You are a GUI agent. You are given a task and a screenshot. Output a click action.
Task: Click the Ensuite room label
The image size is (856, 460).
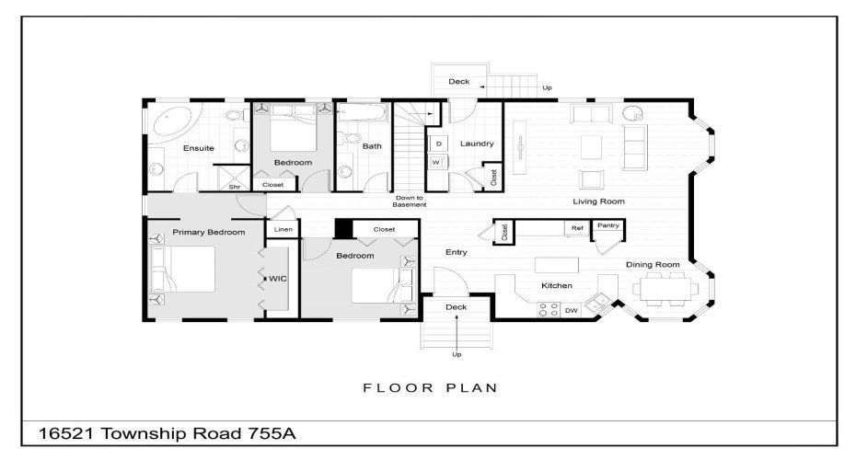(198, 147)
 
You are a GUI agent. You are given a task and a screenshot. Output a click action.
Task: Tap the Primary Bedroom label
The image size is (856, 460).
(209, 233)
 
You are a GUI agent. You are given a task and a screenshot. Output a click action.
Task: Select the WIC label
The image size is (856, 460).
(277, 278)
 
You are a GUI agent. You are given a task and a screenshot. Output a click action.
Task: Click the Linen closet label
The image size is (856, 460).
(283, 229)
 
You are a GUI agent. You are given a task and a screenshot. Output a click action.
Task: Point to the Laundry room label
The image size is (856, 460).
(477, 144)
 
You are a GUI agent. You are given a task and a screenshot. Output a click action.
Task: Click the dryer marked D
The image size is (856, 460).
(438, 144)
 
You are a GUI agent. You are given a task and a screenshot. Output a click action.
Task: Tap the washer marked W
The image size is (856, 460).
(436, 163)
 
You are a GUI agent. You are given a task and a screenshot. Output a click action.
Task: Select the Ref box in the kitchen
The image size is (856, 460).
(577, 227)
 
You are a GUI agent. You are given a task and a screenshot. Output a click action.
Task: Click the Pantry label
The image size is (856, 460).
(607, 225)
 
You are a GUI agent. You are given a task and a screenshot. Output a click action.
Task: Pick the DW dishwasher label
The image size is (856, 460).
(571, 311)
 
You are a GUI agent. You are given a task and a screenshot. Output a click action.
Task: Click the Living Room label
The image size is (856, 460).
(598, 201)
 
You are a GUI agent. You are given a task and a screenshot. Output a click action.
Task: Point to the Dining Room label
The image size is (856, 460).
(653, 265)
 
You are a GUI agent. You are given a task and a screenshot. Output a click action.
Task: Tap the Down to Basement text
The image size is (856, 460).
(410, 201)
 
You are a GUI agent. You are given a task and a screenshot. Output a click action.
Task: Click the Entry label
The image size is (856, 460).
(456, 252)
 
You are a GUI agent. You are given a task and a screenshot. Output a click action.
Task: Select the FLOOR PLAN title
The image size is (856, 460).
(431, 387)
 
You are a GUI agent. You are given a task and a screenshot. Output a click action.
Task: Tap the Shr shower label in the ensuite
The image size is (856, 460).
(235, 186)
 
